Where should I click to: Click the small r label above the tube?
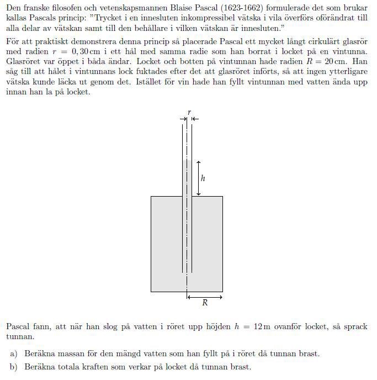[x=189, y=112]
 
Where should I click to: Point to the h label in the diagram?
[x=203, y=178]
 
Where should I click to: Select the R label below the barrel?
[x=205, y=303]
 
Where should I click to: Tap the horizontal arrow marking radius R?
[x=205, y=297]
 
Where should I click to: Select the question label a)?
[x=15, y=354]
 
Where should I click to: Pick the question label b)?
[x=15, y=367]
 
